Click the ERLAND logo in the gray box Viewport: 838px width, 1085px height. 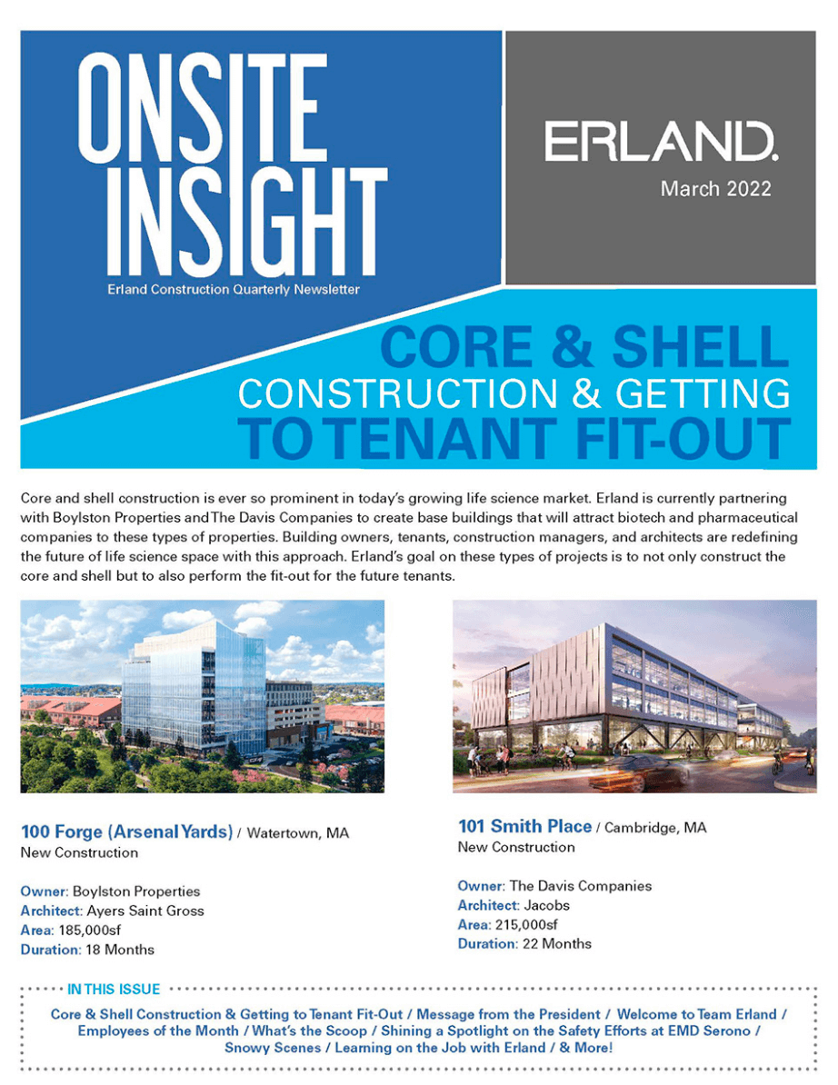pyautogui.click(x=660, y=143)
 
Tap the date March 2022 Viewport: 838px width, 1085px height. pyautogui.click(x=715, y=189)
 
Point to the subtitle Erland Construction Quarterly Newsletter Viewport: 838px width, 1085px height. pyautogui.click(x=233, y=290)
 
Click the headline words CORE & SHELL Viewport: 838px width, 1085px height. pyautogui.click(x=584, y=347)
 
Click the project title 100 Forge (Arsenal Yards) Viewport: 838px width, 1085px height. pyautogui.click(x=125, y=831)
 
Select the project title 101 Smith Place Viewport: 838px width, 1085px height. pyautogui.click(x=524, y=827)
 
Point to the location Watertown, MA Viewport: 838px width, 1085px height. pyautogui.click(x=298, y=832)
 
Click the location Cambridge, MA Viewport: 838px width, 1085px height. pyautogui.click(x=655, y=828)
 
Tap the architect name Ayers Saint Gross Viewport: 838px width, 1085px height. pyautogui.click(x=145, y=910)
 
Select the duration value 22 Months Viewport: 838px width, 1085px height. pyautogui.click(x=556, y=943)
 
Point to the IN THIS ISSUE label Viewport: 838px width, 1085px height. pyautogui.click(x=114, y=989)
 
